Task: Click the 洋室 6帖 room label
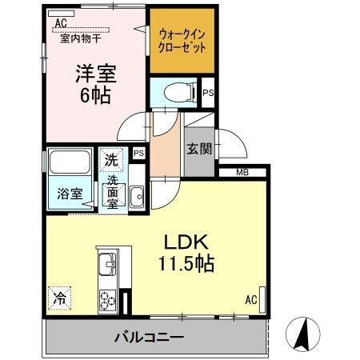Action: click(x=95, y=83)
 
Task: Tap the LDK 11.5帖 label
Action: click(x=190, y=252)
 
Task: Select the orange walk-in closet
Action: click(x=183, y=41)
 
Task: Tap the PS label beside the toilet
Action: click(x=208, y=94)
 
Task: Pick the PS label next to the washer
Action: click(x=138, y=153)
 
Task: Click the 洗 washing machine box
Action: click(x=111, y=159)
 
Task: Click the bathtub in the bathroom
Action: click(x=70, y=165)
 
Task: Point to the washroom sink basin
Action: click(x=135, y=194)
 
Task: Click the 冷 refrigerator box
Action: click(x=60, y=297)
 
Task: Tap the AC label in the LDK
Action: click(x=250, y=301)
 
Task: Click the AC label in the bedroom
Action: click(x=60, y=22)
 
